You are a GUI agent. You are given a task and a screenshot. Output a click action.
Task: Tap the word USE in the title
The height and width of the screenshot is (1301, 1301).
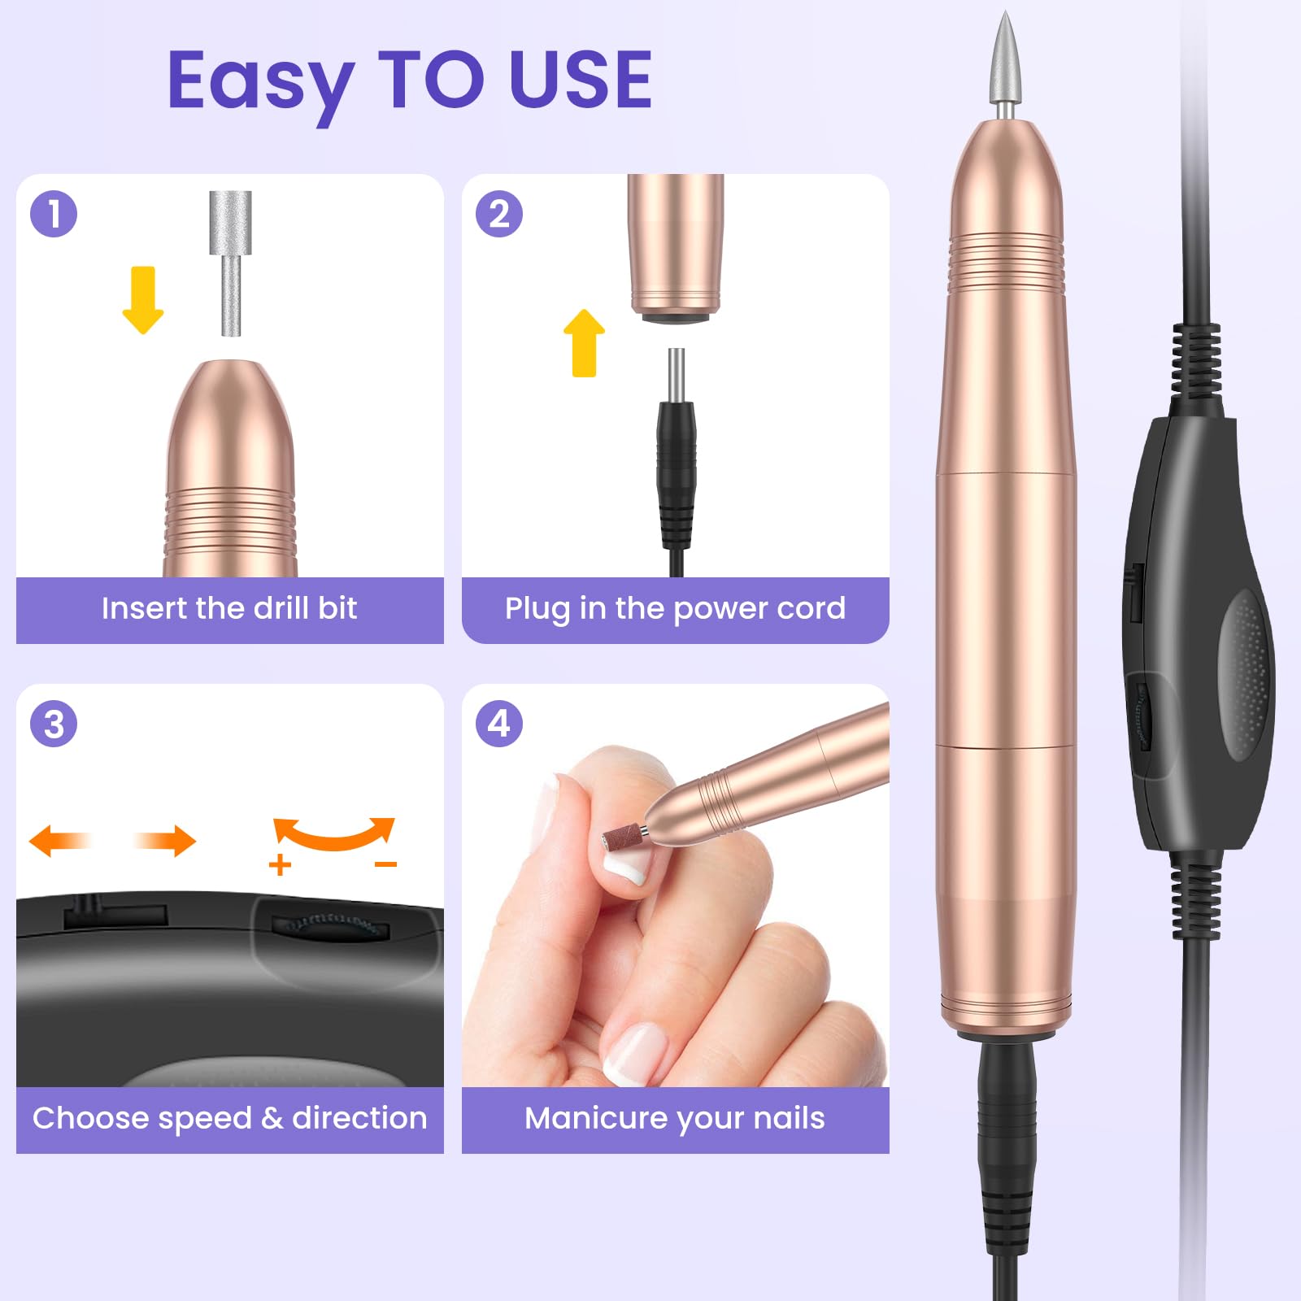pos(581,79)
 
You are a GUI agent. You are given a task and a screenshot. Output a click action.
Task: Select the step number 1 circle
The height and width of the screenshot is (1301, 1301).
pos(54,214)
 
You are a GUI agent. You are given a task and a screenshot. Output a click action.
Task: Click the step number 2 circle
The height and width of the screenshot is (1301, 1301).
pos(499,214)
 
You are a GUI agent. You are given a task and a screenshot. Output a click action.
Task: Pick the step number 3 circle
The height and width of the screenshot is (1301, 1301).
pos(54,724)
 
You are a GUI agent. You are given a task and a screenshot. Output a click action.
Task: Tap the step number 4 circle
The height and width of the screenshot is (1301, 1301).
pos(499,724)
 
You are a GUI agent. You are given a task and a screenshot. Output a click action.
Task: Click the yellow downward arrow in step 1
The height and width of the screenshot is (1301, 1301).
pos(143,299)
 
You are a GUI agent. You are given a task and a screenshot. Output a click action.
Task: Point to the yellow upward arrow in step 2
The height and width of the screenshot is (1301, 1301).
pos(584,342)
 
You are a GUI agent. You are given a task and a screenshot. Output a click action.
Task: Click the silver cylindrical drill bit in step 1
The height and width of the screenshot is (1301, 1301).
pos(231,263)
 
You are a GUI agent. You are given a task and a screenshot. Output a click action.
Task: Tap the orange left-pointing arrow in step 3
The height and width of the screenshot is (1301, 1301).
pos(62,840)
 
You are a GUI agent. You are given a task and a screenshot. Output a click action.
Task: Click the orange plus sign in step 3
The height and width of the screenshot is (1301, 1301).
pos(280,864)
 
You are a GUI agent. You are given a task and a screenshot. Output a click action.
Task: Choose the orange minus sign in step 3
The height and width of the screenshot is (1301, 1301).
pos(385,864)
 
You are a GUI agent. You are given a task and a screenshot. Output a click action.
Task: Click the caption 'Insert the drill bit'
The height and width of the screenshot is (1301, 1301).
pos(229,608)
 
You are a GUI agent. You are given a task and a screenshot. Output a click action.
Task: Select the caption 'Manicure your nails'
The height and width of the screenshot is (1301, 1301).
pos(675,1119)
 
